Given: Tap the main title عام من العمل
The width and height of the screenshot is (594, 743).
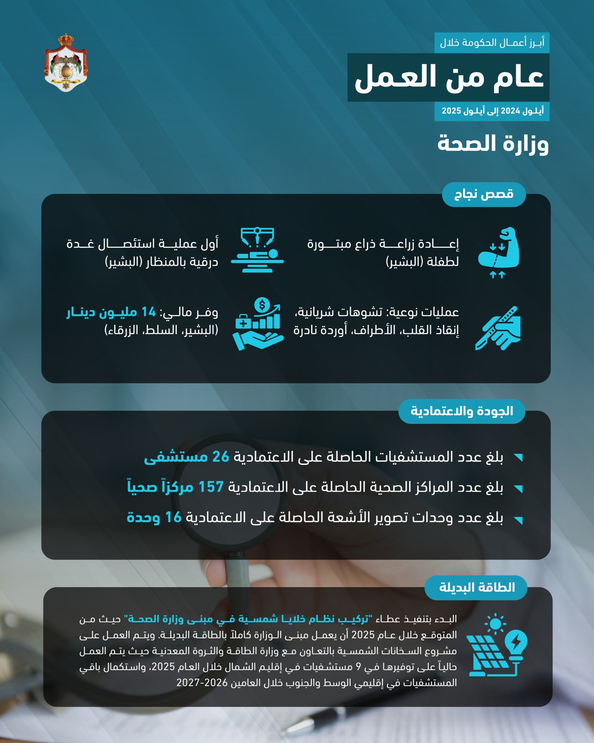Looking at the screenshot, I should pos(449,77).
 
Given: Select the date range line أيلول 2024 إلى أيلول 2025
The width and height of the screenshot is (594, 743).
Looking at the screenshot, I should pos(492,111).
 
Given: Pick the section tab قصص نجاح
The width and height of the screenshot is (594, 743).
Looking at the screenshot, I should pos(484,194).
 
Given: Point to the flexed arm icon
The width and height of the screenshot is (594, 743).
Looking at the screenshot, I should pos(499,249).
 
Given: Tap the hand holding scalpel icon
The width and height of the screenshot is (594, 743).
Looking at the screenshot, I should pos(498,328).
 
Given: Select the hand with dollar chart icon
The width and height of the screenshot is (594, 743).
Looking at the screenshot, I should pos(258,324).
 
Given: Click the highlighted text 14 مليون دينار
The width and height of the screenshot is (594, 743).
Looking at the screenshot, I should pos(111,312).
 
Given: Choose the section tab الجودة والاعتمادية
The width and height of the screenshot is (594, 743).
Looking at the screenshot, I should pos(462,411).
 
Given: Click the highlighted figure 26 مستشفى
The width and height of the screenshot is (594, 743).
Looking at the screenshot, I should pos(187,457).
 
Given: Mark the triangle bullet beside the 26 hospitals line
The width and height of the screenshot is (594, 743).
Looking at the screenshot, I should pos(519,457).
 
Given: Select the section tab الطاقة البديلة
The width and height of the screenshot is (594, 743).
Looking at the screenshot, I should pos(477,587).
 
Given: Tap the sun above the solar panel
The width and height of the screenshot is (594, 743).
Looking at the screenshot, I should pos(495,624).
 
